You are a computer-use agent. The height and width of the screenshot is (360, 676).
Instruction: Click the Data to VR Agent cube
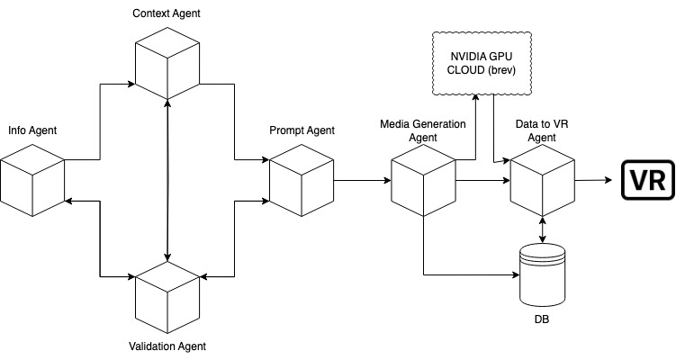(542, 180)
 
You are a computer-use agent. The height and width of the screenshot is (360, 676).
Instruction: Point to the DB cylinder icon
(543, 275)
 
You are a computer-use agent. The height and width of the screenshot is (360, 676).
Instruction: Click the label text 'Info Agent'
(32, 131)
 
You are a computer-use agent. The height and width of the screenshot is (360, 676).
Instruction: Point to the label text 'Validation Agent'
(167, 346)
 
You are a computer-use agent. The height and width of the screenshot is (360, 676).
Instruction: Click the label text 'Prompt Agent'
(302, 131)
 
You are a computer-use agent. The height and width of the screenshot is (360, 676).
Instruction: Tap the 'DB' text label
(542, 319)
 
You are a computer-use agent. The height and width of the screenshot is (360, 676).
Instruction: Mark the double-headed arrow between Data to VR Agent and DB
(542, 227)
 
